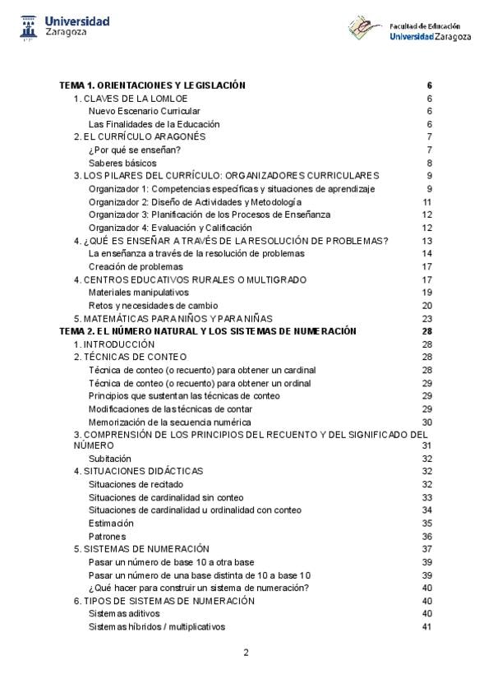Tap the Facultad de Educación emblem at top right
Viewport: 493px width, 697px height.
pos(364,28)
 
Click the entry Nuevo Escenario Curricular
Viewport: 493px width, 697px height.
pos(145,111)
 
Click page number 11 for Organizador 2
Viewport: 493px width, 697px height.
pos(427,201)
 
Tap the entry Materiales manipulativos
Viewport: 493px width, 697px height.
pos(139,292)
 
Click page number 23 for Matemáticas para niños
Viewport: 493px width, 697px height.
pos(427,318)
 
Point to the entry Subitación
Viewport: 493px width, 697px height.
pos(110,458)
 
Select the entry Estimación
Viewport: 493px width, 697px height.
pos(111,523)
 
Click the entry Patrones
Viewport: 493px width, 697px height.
pos(108,536)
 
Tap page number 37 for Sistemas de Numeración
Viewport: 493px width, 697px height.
pos(427,548)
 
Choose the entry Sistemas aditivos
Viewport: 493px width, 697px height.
pos(124,613)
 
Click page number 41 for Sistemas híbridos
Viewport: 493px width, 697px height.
pos(427,627)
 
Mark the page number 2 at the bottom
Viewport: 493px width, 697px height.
pos(246,653)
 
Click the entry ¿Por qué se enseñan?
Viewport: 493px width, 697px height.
pos(123,150)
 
